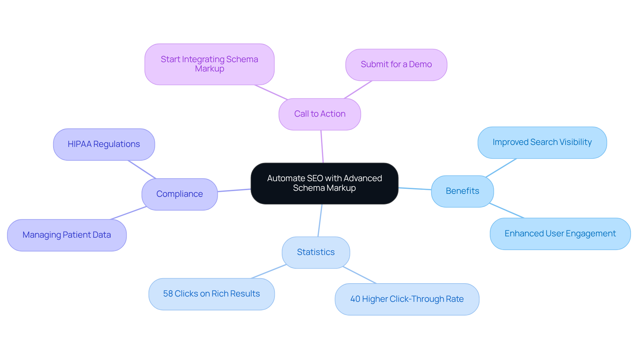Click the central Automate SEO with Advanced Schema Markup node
(x=324, y=183)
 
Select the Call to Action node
(x=320, y=114)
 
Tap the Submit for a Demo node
(x=396, y=64)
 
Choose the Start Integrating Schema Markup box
(x=209, y=64)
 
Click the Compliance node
(x=179, y=194)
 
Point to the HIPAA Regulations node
(x=104, y=144)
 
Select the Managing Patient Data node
(x=66, y=235)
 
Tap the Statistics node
(x=316, y=252)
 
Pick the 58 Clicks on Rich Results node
(x=211, y=294)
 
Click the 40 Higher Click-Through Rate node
(x=407, y=299)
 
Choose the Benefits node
(x=462, y=191)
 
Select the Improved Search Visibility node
(x=542, y=142)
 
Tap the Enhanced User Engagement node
(x=560, y=234)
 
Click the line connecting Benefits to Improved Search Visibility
(x=501, y=168)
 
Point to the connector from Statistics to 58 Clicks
(x=268, y=272)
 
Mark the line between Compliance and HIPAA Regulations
(x=142, y=170)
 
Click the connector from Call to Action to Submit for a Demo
(x=358, y=90)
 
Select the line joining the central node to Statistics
(x=320, y=220)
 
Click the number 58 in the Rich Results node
(x=168, y=294)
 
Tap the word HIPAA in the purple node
(x=79, y=144)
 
